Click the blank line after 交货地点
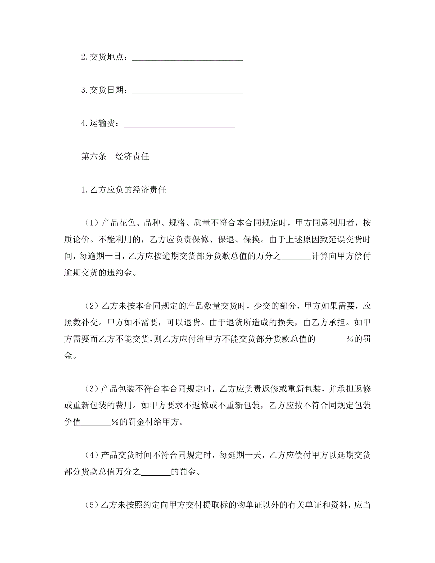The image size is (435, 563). point(188,59)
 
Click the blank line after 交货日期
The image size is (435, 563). point(188,92)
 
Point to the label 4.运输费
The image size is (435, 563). point(100,123)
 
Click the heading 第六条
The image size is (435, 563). point(94,156)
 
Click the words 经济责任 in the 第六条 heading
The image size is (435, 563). point(132,156)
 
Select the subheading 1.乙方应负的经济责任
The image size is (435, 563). point(124,190)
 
